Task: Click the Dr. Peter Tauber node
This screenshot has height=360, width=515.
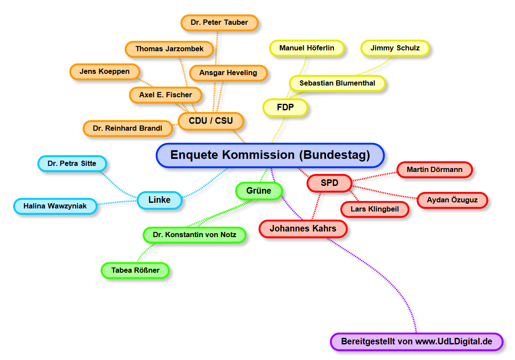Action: tap(219, 23)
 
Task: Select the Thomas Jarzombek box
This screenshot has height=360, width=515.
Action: tap(169, 49)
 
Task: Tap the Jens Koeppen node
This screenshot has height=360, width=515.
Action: tap(105, 72)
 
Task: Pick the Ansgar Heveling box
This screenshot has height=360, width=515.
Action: tap(228, 73)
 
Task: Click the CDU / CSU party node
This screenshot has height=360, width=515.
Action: tap(211, 121)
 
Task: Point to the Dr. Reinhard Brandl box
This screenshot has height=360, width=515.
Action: tap(127, 129)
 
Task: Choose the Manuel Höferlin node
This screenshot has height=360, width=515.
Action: tap(307, 48)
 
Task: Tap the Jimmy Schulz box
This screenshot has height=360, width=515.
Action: tap(395, 48)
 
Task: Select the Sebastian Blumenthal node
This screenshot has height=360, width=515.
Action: tap(337, 83)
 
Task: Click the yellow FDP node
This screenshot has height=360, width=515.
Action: tap(285, 107)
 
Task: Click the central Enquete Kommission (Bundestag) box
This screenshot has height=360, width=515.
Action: tap(270, 155)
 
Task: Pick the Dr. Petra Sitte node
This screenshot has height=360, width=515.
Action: tap(72, 164)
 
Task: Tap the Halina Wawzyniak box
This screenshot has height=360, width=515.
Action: tap(55, 206)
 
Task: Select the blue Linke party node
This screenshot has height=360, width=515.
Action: tap(159, 200)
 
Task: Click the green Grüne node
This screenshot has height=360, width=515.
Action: tap(259, 191)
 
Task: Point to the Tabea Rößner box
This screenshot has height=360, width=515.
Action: tap(135, 270)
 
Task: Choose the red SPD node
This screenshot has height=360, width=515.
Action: tap(329, 183)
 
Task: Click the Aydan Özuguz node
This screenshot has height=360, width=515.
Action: tap(452, 200)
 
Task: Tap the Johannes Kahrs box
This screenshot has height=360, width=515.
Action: tap(303, 228)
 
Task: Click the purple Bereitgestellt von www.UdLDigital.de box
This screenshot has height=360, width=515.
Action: tap(416, 341)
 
